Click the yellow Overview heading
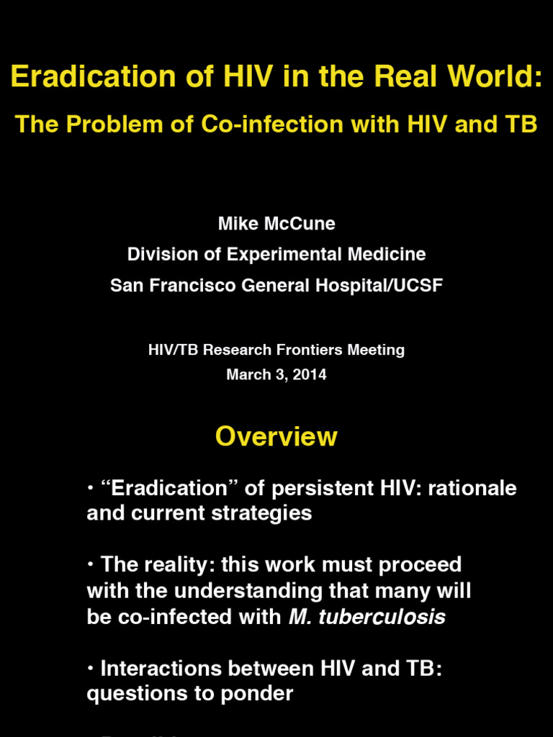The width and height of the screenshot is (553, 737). [276, 437]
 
